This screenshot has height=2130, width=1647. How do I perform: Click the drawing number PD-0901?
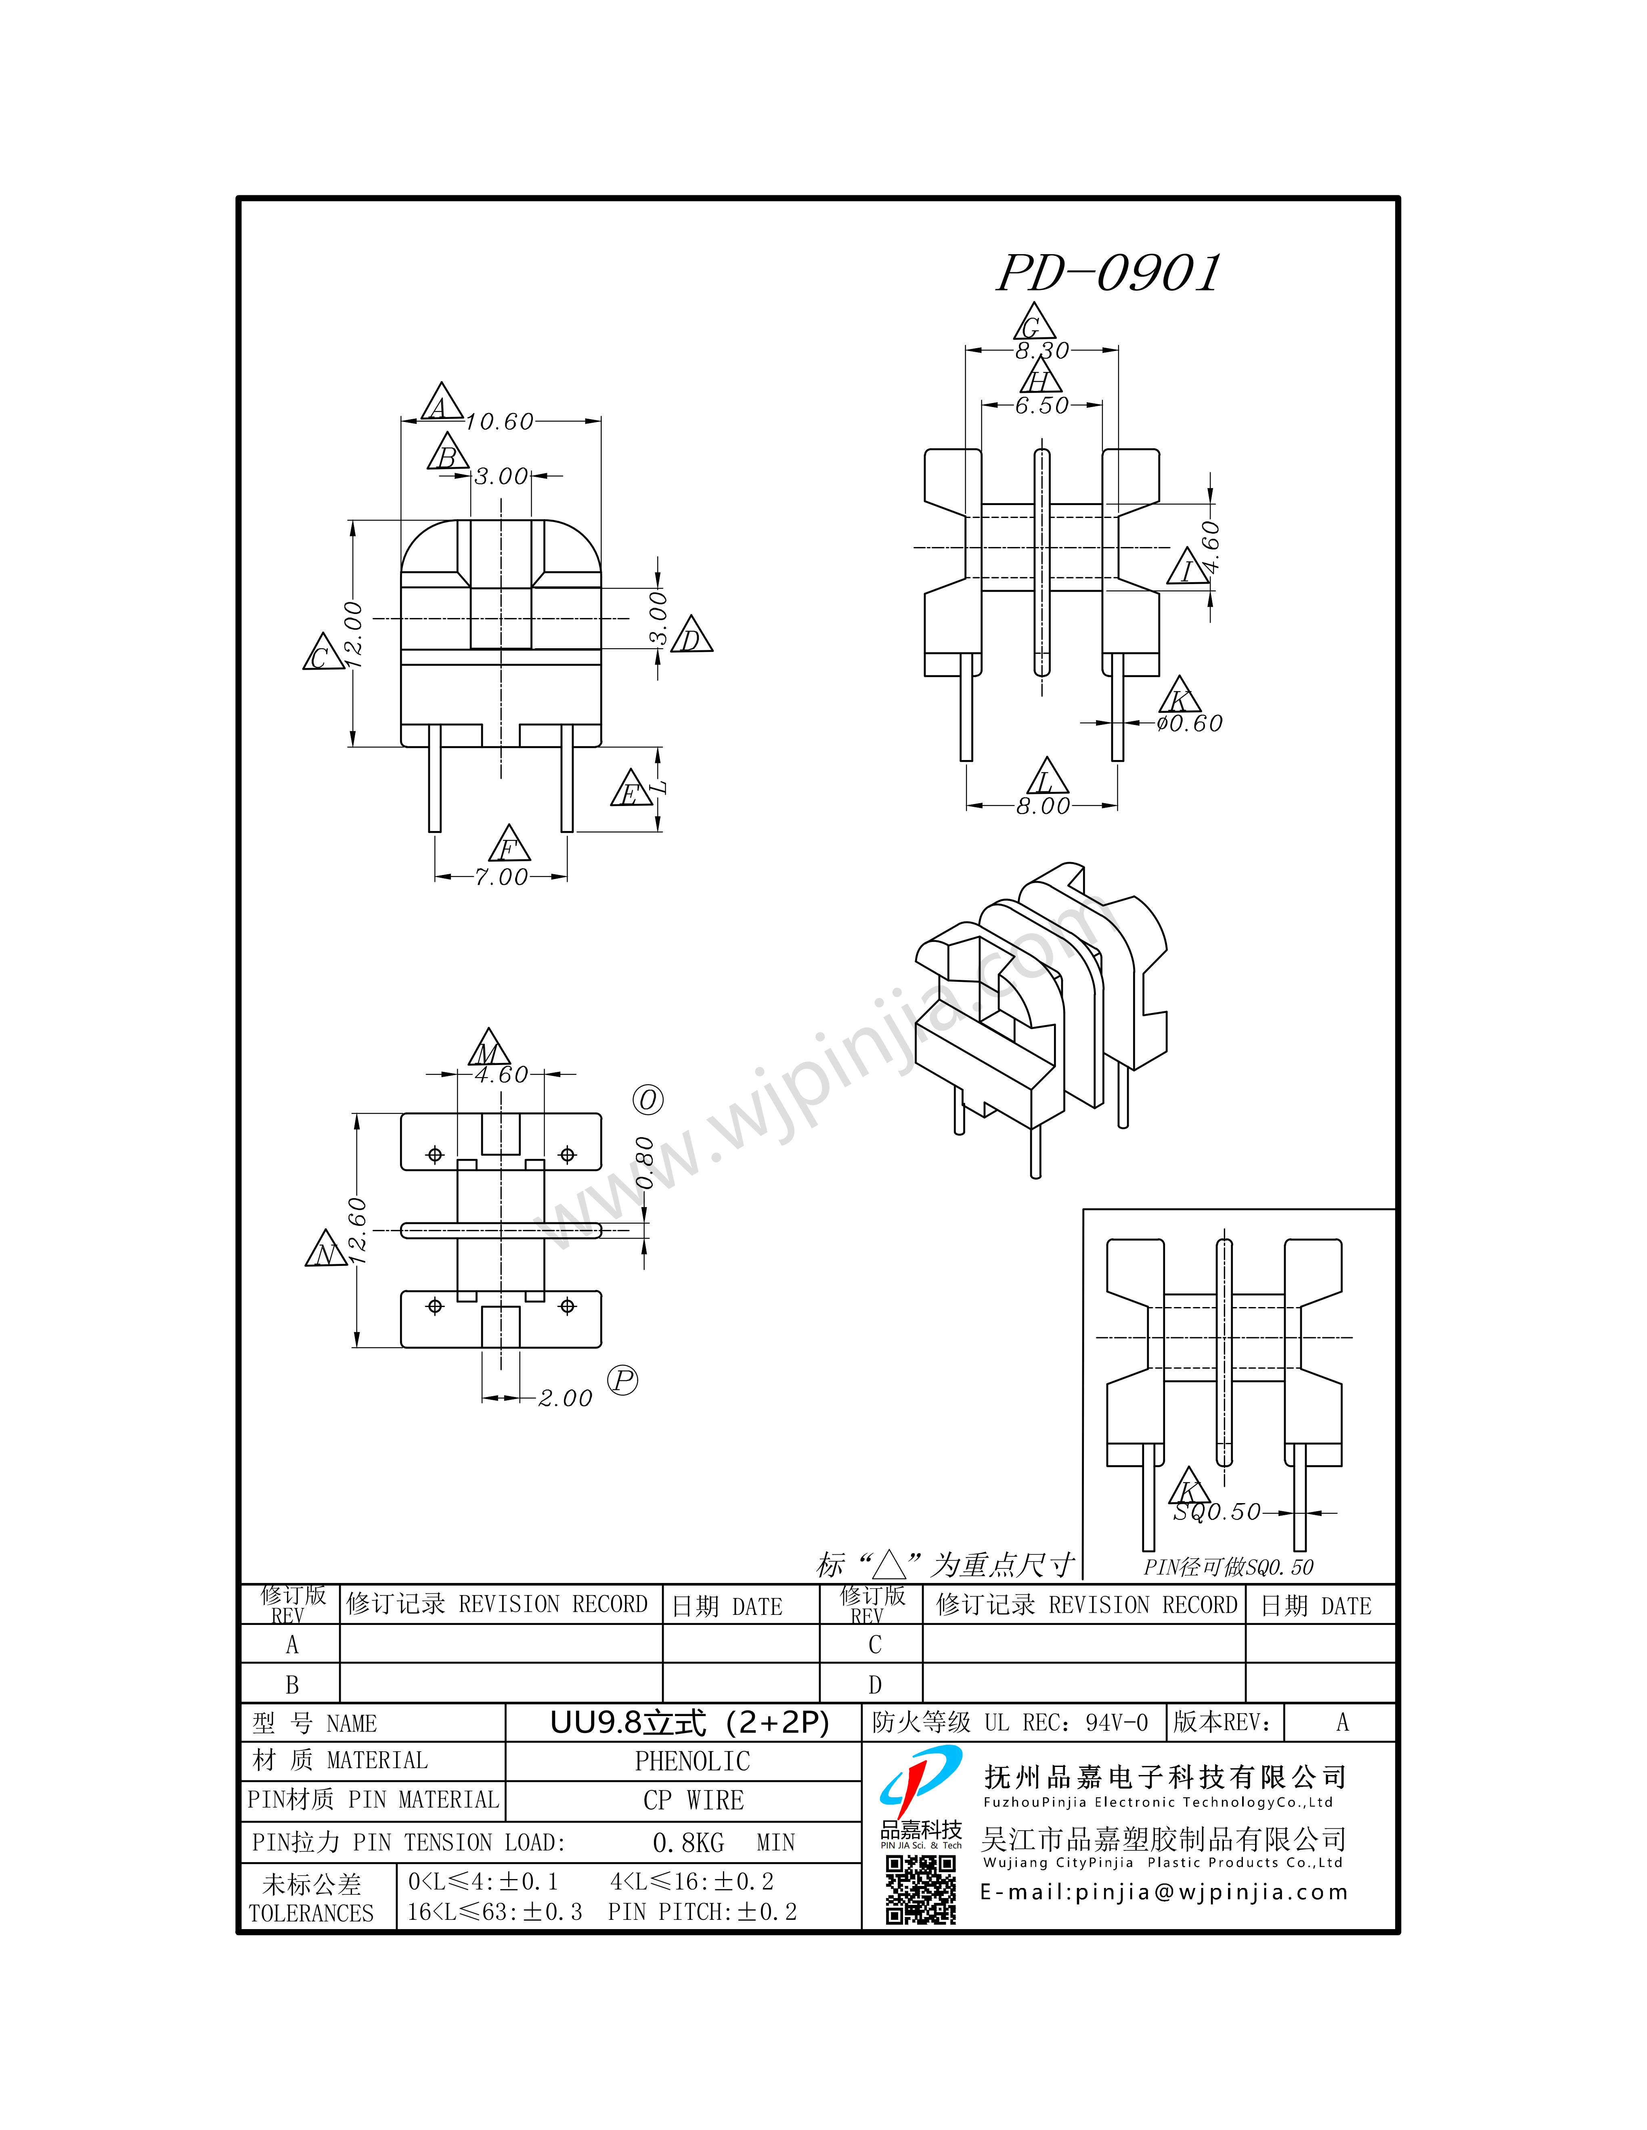pyautogui.click(x=1108, y=273)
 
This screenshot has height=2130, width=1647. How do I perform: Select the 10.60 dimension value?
pyautogui.click(x=500, y=421)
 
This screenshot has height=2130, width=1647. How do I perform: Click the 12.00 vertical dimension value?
pyautogui.click(x=353, y=634)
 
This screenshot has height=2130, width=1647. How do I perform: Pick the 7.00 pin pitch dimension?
pyautogui.click(x=501, y=877)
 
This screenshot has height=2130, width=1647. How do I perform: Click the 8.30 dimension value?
pyautogui.click(x=1042, y=350)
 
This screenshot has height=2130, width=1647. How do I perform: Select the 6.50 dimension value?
pyautogui.click(x=1042, y=405)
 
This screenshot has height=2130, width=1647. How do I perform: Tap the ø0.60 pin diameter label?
pyautogui.click(x=1189, y=723)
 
